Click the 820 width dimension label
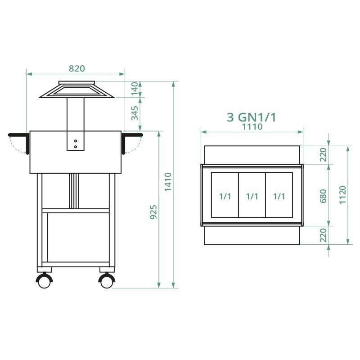(76, 68)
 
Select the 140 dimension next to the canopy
(135, 89)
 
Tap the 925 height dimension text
(153, 212)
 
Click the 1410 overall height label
(168, 182)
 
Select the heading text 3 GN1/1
(251, 117)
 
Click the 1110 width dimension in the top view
(252, 127)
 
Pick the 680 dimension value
(323, 195)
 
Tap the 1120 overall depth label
(343, 195)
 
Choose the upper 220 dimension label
(323, 155)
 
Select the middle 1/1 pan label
(252, 196)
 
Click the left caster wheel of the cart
(45, 281)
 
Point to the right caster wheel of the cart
(107, 281)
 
